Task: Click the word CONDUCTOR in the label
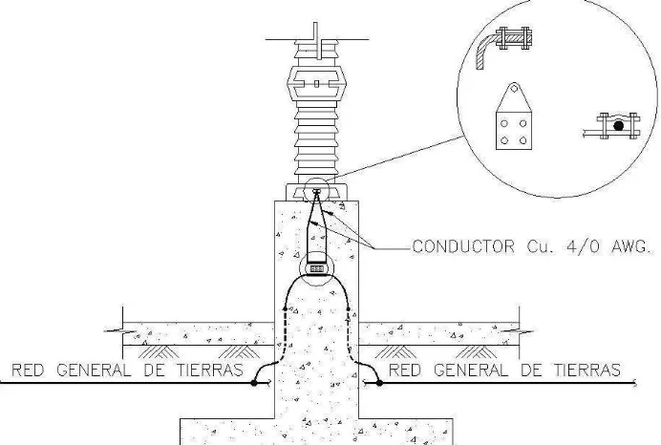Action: pyautogui.click(x=463, y=246)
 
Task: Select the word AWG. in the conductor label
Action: pyautogui.click(x=631, y=246)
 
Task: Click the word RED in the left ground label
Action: pyautogui.click(x=29, y=370)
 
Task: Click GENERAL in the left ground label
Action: pyautogui.click(x=94, y=370)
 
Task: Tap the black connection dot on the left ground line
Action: pyautogui.click(x=254, y=383)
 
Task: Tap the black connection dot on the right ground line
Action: pyautogui.click(x=379, y=383)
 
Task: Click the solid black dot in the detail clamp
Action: pyautogui.click(x=618, y=126)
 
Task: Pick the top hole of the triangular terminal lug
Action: pyautogui.click(x=514, y=89)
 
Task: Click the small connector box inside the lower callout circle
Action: pyautogui.click(x=316, y=268)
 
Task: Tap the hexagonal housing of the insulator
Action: pyautogui.click(x=316, y=83)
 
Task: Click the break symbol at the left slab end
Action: pyautogui.click(x=122, y=331)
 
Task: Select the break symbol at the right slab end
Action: pyautogui.click(x=518, y=331)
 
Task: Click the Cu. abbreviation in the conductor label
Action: pyautogui.click(x=539, y=246)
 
